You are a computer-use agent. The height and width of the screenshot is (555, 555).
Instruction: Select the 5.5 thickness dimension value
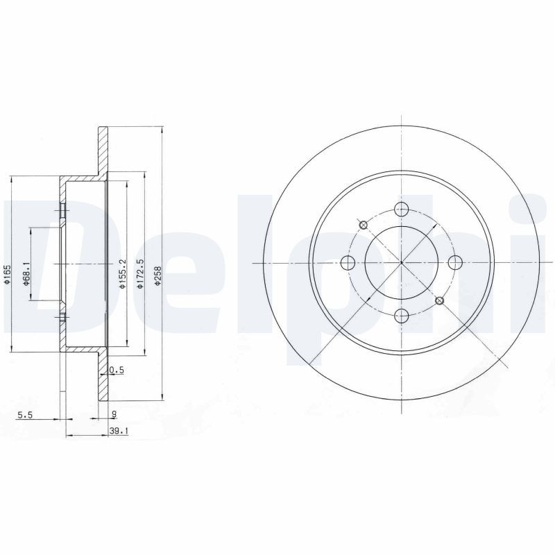click(26, 415)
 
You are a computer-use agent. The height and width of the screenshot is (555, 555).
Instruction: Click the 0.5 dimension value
click(117, 370)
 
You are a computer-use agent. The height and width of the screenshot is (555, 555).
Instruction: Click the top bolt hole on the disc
click(401, 210)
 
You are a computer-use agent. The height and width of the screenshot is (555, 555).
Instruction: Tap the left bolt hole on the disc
click(348, 263)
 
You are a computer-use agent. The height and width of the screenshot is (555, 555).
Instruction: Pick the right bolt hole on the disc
click(455, 263)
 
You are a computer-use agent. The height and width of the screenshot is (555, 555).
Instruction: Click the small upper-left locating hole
click(363, 225)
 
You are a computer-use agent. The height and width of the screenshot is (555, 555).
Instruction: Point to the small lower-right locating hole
click(439, 301)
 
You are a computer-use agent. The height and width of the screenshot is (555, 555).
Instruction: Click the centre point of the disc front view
click(401, 263)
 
